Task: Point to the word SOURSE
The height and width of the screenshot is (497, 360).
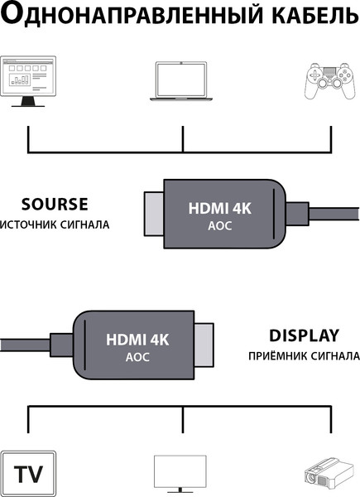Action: point(55,205)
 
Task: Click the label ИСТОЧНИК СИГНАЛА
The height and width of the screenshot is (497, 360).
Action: point(55,224)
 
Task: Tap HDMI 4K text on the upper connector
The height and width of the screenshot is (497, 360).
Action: point(220,209)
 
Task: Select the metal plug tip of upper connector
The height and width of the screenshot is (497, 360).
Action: point(154,214)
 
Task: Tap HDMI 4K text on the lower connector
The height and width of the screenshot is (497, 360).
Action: point(137,340)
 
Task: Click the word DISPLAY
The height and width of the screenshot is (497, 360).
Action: point(304,336)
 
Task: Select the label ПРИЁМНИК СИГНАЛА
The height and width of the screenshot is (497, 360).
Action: point(304,356)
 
